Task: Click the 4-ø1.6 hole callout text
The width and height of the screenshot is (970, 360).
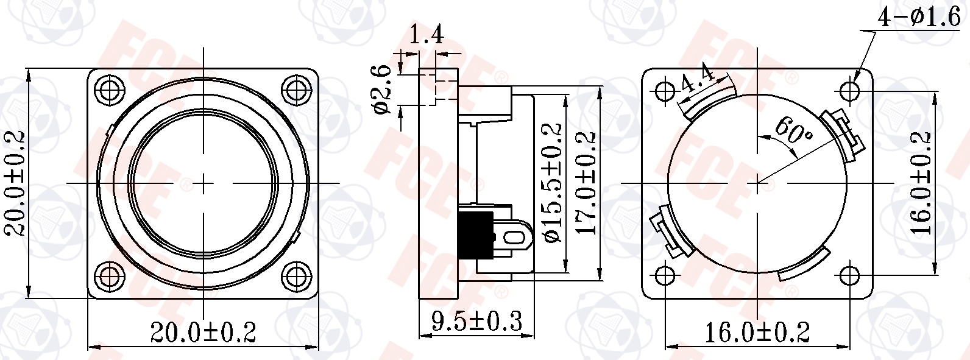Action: [x=918, y=18]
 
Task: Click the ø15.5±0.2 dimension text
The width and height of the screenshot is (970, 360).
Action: [x=552, y=183]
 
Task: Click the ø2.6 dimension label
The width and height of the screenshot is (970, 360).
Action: [x=383, y=90]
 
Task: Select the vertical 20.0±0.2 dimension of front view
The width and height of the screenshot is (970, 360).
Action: [x=15, y=183]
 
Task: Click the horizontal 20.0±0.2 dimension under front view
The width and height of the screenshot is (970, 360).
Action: [x=203, y=333]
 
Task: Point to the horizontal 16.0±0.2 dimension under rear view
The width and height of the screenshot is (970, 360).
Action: [x=757, y=333]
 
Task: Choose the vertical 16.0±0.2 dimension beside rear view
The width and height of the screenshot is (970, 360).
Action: [x=922, y=183]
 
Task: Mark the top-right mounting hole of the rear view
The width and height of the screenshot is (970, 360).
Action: [x=850, y=91]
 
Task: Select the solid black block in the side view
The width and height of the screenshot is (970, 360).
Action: [x=478, y=235]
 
